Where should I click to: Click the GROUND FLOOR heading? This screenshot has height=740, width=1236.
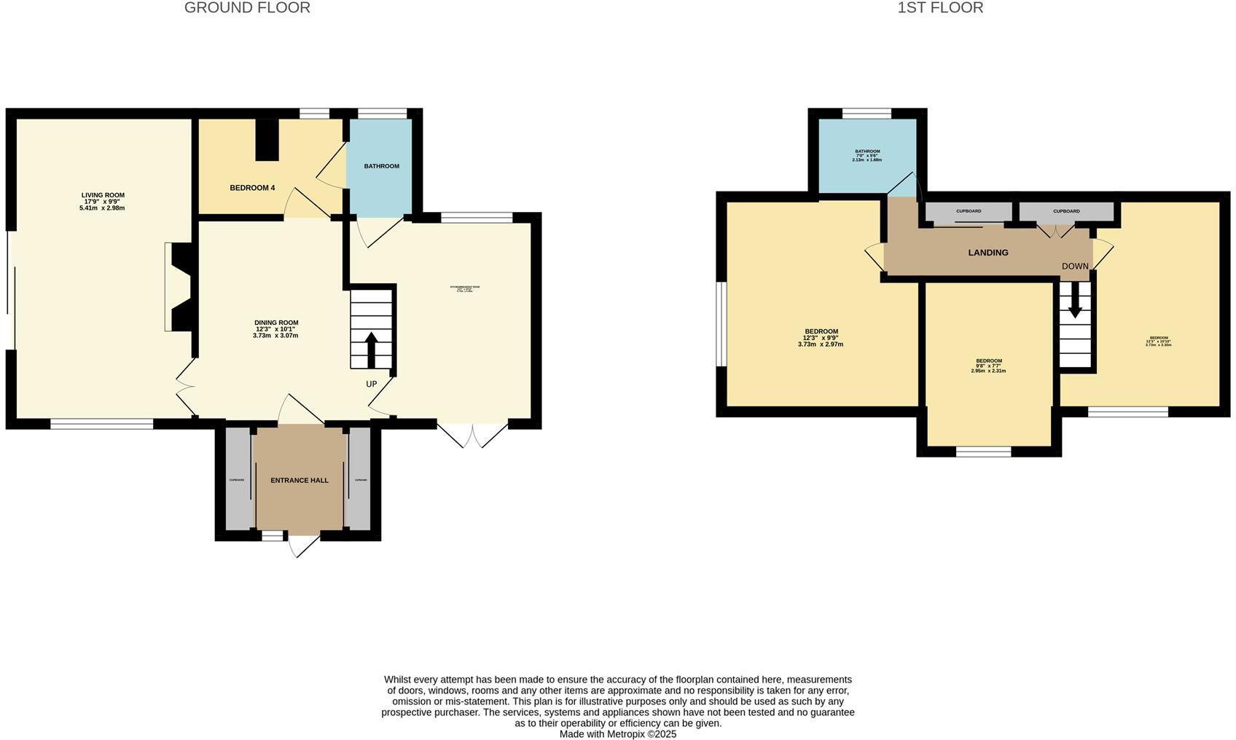247,8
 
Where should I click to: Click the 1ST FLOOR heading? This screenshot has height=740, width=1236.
940,8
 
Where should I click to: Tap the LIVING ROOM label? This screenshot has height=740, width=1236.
103,195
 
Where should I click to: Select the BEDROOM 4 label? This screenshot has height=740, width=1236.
252,188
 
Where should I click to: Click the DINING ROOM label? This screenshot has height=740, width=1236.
276,323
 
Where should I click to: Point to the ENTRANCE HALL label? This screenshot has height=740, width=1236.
300,481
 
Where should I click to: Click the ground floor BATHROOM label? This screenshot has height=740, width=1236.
382,166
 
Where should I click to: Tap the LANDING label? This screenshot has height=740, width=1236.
988,253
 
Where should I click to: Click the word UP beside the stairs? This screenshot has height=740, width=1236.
372,384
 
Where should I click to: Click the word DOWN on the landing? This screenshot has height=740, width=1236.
1075,267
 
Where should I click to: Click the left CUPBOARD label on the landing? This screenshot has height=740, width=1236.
969,211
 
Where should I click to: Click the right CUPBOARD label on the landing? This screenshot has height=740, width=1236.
1066,211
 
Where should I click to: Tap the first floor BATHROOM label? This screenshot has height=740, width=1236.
867,151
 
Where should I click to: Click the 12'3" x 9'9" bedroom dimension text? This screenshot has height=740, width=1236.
821,338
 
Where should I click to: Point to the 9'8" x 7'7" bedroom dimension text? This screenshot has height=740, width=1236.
988,366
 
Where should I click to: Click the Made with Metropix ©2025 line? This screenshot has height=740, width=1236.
618,734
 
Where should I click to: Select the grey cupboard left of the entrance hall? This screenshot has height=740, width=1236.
238,479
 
